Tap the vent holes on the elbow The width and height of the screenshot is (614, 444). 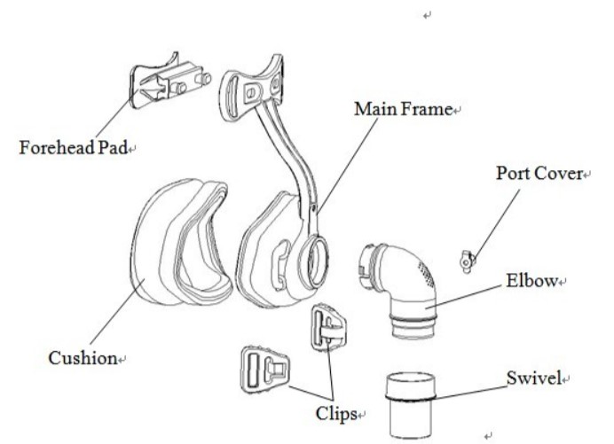435,266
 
